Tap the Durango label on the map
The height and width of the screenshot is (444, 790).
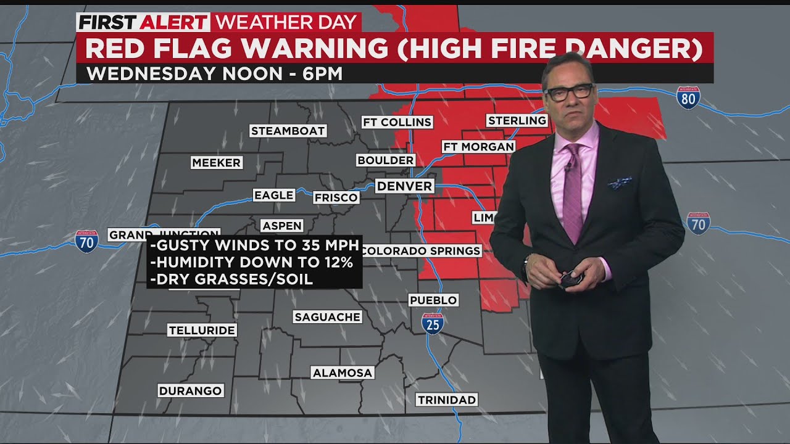click(190, 391)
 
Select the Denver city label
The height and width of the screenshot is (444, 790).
click(404, 186)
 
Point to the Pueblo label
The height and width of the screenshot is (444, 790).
click(433, 300)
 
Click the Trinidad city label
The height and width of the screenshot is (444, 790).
click(447, 400)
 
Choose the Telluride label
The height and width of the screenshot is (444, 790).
click(202, 331)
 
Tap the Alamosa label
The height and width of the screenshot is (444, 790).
click(342, 373)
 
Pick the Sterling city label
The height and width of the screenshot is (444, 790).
click(517, 120)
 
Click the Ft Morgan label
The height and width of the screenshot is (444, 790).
click(478, 147)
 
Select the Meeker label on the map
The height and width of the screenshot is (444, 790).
click(216, 163)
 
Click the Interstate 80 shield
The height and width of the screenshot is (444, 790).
click(688, 98)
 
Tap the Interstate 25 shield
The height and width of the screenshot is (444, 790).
click(433, 323)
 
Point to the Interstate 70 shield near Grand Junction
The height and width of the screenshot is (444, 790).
click(86, 241)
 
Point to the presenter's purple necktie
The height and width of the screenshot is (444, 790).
click(573, 191)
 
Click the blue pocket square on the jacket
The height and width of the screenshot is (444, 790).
click(619, 183)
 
